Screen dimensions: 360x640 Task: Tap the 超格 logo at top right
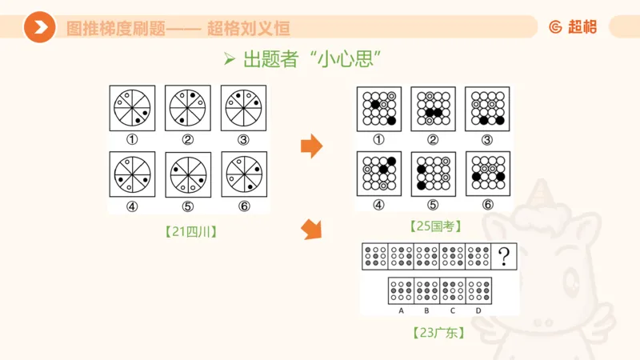pyautogui.click(x=573, y=26)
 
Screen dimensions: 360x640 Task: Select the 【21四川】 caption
pyautogui.click(x=189, y=232)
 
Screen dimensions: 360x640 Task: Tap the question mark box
pyautogui.click(x=504, y=257)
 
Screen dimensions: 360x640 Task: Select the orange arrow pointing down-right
pyautogui.click(x=311, y=230)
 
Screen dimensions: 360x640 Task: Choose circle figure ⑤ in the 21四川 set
pyautogui.click(x=188, y=174)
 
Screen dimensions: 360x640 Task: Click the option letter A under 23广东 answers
pyautogui.click(x=401, y=310)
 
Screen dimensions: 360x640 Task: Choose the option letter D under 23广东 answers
pyautogui.click(x=478, y=310)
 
